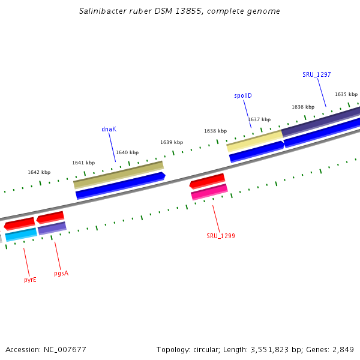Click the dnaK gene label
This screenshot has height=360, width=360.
pyautogui.click(x=109, y=129)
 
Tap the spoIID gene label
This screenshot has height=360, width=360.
pyautogui.click(x=243, y=96)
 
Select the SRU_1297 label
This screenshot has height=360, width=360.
pyautogui.click(x=317, y=74)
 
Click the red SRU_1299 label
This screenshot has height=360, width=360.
pyautogui.click(x=221, y=236)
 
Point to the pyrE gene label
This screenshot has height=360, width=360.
pyautogui.click(x=30, y=280)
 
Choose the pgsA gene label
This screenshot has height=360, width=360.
pyautogui.click(x=61, y=273)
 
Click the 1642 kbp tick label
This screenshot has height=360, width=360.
pyautogui.click(x=39, y=172)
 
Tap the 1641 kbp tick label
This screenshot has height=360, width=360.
pyautogui.click(x=83, y=163)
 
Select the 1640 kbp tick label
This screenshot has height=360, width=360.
pyautogui.click(x=127, y=152)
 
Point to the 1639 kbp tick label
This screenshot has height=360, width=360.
pyautogui.click(x=172, y=142)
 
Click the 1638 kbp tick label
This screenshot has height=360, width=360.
pyautogui.click(x=215, y=131)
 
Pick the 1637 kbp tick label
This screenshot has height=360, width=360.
pyautogui.click(x=259, y=119)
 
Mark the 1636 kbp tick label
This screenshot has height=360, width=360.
pyautogui.click(x=303, y=107)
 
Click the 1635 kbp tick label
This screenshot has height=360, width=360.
pyautogui.click(x=346, y=94)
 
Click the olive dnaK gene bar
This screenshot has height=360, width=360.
pyautogui.click(x=118, y=175)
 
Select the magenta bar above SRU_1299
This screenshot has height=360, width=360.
pyautogui.click(x=209, y=192)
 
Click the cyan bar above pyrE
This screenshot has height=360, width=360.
pyautogui.click(x=21, y=235)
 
